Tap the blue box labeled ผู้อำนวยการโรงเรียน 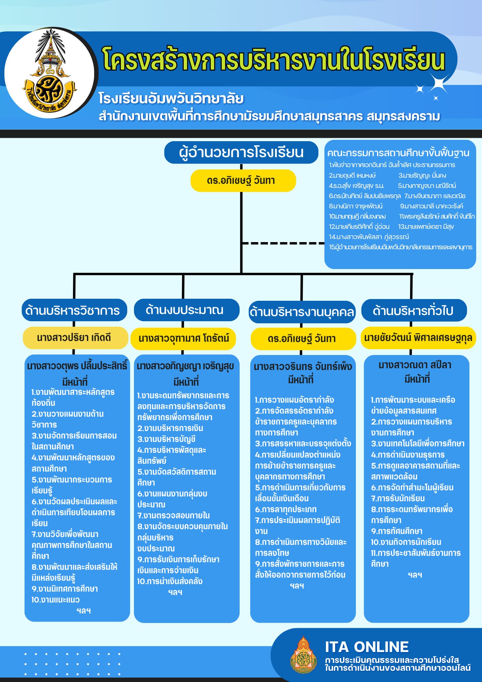(241, 152)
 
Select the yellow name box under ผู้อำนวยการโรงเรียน (243, 180)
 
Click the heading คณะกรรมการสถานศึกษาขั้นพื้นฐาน (398, 153)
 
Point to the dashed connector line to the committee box (283, 243)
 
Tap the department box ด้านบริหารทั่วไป (414, 310)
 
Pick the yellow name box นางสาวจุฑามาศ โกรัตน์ (183, 339)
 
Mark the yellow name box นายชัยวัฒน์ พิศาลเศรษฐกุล (418, 338)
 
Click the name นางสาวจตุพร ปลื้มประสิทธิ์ (77, 366)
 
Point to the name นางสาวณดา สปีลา (415, 365)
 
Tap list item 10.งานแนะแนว (56, 600)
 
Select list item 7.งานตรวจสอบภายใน (174, 515)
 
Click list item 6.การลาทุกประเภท (286, 509)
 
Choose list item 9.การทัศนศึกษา (397, 531)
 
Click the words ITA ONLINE (367, 647)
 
